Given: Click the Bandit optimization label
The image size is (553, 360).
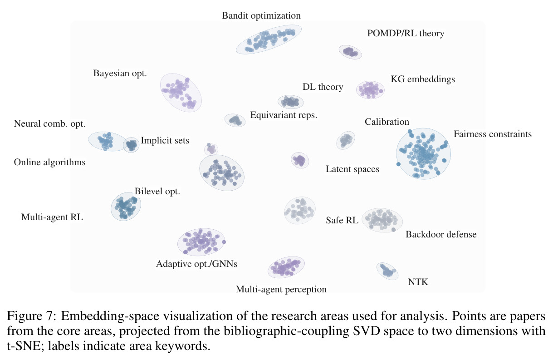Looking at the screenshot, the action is tap(261, 15).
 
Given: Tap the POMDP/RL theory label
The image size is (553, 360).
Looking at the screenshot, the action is tap(406, 33).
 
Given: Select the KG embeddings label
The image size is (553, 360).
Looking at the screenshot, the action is tap(423, 79).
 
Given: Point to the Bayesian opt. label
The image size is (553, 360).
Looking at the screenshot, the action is tap(120, 73).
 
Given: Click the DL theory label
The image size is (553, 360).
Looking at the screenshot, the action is tap(323, 87).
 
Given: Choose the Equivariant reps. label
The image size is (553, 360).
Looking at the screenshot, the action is tap(284, 115).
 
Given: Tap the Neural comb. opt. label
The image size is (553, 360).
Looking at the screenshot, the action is tap(49, 123).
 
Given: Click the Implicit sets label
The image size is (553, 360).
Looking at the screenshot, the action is tap(165, 140).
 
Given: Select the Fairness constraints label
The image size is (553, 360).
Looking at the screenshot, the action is tap(493, 134).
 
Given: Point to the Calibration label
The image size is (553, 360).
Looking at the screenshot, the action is tap(387, 122).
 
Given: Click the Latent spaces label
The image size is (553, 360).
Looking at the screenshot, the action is tap(352, 169).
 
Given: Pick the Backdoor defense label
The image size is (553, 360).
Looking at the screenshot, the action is tap(441, 234).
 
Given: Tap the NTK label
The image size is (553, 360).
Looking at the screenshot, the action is tap(418, 282).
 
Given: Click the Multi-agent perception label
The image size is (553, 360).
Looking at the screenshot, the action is tap(281, 289).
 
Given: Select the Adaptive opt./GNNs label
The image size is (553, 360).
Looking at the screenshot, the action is tap(196, 264).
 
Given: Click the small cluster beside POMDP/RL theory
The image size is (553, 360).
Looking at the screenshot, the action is tap(350, 52).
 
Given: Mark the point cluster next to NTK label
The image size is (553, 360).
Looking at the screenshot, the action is tap(387, 271).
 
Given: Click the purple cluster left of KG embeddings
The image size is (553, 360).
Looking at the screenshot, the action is tap(370, 90).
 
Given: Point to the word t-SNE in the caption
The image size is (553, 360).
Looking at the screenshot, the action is tap(24, 346).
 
